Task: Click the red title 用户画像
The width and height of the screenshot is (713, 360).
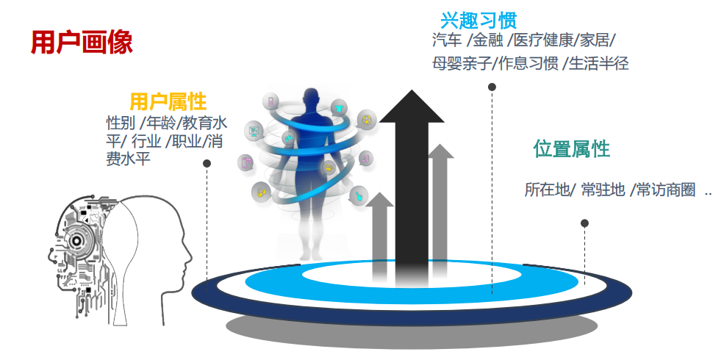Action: point(81,42)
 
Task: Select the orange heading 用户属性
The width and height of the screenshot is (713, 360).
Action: point(168,101)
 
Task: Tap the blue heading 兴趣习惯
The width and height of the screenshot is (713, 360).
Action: point(478,19)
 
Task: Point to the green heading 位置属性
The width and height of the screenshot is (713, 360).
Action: point(571,149)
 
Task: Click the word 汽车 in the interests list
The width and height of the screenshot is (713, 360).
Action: point(447,40)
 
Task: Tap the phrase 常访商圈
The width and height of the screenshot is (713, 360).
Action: point(666,190)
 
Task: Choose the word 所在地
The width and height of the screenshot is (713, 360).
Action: point(546,190)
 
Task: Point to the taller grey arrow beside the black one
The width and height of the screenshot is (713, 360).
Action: point(440,206)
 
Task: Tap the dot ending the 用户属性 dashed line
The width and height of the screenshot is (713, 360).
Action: point(207,163)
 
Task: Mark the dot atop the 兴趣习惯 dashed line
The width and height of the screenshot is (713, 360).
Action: point(492,87)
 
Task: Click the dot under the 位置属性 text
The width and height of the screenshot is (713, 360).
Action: point(584,223)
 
